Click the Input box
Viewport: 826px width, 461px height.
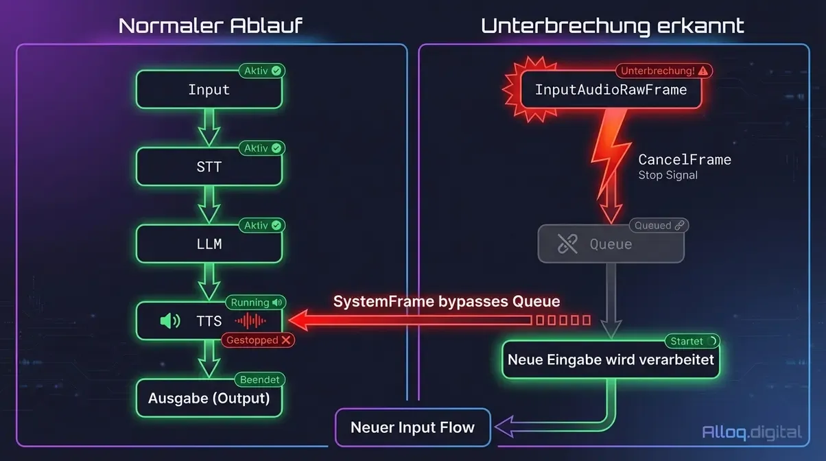(209, 90)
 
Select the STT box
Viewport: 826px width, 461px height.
(209, 167)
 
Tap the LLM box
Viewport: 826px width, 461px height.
(209, 244)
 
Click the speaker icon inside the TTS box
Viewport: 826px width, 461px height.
(169, 321)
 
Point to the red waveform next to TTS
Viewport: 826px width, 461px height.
(250, 321)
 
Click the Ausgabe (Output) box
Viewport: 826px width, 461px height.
(209, 399)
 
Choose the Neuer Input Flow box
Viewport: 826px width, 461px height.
(412, 427)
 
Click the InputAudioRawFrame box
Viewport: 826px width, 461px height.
(611, 90)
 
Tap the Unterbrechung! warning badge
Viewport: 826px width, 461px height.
(663, 71)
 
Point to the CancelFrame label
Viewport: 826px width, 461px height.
(684, 160)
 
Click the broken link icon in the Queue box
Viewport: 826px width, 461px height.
(567, 244)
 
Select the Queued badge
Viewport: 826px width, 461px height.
(659, 225)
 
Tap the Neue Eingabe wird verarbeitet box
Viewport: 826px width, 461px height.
(611, 359)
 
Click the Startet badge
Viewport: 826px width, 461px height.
(692, 341)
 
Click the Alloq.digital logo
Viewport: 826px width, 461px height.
(752, 432)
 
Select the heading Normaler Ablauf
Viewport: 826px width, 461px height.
(210, 26)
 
